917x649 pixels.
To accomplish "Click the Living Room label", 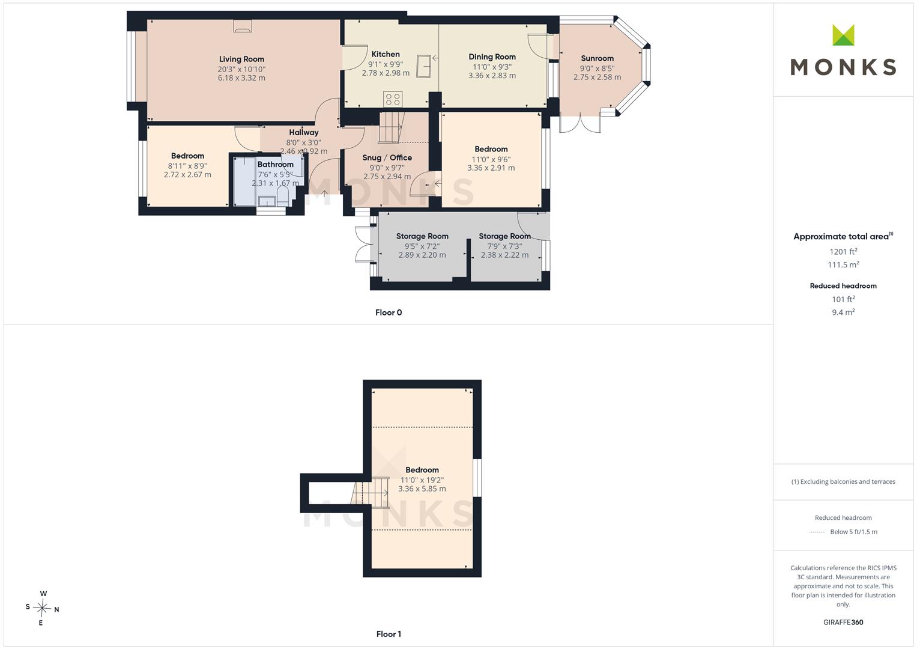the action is tap(241, 59).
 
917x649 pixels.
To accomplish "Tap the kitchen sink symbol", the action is tap(424, 66).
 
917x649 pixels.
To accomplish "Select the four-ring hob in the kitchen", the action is tap(393, 99).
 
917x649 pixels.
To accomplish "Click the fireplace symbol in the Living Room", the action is tap(243, 26).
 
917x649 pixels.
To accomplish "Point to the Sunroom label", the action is tap(597, 58).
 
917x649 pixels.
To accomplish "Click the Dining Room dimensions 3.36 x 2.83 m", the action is tap(492, 75).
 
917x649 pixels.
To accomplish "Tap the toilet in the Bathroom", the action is tap(283, 198).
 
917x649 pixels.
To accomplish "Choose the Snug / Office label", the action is tap(387, 157).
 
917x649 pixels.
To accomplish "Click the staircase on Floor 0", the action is tap(392, 127).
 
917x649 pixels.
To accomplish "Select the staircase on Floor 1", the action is tap(370, 493).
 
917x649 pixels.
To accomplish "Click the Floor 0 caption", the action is tap(389, 312).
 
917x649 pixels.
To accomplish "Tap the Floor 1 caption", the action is tap(389, 634).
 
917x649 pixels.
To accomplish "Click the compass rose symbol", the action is tap(42, 608).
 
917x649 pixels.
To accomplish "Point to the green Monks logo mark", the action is tap(843, 35).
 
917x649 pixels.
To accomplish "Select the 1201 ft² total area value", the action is tap(843, 252).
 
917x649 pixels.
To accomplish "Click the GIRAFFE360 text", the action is tap(843, 622).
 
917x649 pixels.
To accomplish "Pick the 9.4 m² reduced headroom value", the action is tap(843, 312).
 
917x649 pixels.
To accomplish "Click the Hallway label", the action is tap(303, 132).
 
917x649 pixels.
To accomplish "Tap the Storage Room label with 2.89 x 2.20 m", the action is tap(422, 236).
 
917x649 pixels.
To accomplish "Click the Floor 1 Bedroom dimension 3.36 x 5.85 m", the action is tap(422, 489).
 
